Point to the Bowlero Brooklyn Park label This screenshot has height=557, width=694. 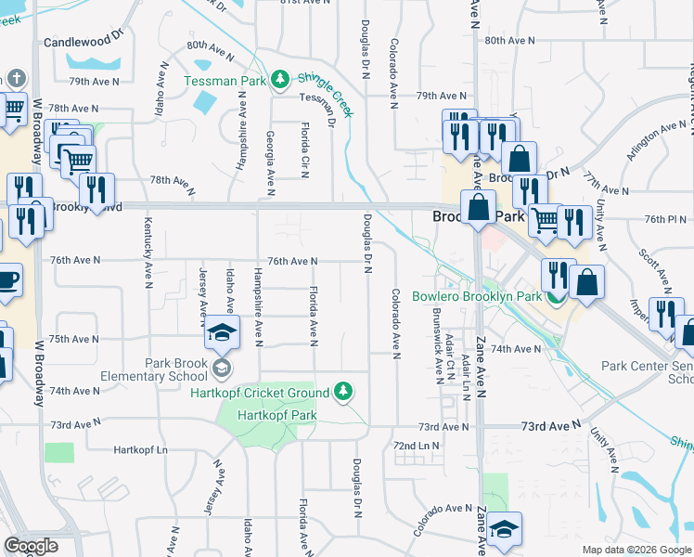(476, 296)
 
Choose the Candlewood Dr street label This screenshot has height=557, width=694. (84, 42)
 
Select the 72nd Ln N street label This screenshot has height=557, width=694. (416, 447)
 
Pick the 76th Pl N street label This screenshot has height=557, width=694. (662, 220)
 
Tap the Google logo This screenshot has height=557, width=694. (32, 546)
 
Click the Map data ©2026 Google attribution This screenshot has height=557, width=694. (636, 550)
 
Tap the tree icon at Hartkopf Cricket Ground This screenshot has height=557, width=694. (344, 391)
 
